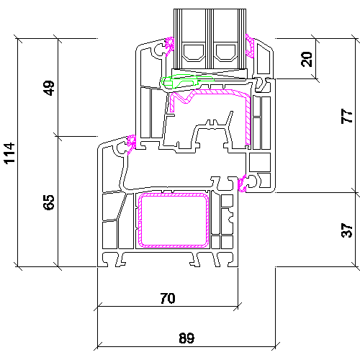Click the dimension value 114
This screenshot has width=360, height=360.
point(9,153)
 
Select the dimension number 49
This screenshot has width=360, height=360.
point(50,88)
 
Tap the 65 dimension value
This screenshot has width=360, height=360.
point(50,202)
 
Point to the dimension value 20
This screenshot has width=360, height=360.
point(307,59)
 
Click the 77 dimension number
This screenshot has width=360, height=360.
point(346,116)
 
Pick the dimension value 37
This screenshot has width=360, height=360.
point(346,230)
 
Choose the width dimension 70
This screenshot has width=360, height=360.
point(168,298)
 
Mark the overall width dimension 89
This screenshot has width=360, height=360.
point(186,338)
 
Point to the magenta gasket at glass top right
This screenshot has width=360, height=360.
point(250,46)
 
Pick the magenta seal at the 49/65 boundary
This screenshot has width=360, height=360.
point(131,144)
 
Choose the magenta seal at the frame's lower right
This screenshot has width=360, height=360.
point(242,184)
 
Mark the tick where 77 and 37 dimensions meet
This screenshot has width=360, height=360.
point(356,192)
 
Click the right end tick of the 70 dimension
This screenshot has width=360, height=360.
point(238,307)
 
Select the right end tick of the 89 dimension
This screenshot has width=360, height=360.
point(275,346)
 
